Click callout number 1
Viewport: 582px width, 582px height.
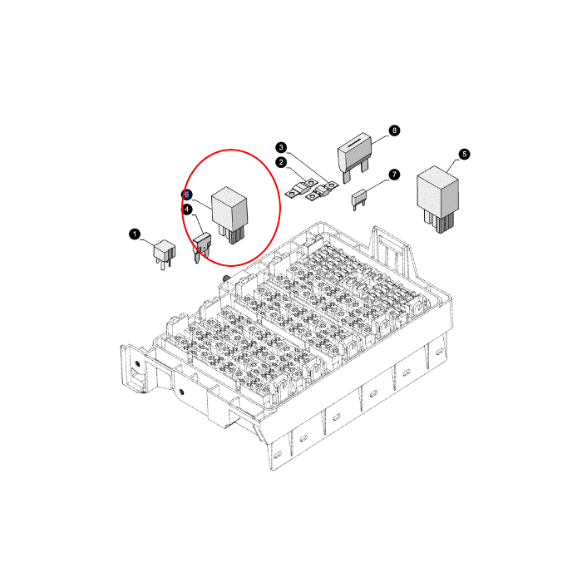pyautogui.click(x=135, y=234)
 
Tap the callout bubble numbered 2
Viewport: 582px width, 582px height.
pyautogui.click(x=281, y=162)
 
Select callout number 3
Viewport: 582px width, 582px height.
pyautogui.click(x=281, y=147)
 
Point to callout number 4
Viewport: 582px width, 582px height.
pyautogui.click(x=187, y=210)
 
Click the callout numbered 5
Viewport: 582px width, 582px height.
pyautogui.click(x=464, y=154)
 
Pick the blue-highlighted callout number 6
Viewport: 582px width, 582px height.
pyautogui.click(x=187, y=195)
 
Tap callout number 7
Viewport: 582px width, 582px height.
pyautogui.click(x=394, y=175)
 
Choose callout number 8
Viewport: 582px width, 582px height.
pyautogui.click(x=394, y=131)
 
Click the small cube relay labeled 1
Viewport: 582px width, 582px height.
pyautogui.click(x=164, y=253)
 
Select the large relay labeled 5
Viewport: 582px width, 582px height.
pyautogui.click(x=438, y=199)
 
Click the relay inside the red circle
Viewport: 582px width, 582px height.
pyautogui.click(x=229, y=215)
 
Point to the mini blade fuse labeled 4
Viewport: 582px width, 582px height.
pyautogui.click(x=201, y=246)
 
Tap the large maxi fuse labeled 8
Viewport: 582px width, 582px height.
pyautogui.click(x=354, y=157)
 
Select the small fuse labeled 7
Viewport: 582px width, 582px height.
pyautogui.click(x=358, y=199)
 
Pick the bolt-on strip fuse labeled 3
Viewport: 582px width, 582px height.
pyautogui.click(x=322, y=191)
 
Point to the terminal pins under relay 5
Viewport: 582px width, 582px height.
pyautogui.click(x=440, y=223)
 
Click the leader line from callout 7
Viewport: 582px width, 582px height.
pyautogui.click(x=377, y=184)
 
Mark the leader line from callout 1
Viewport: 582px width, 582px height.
pyautogui.click(x=147, y=243)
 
